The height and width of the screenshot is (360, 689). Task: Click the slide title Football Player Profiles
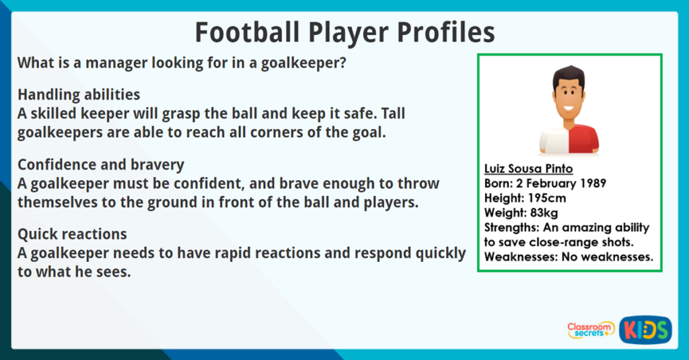344,32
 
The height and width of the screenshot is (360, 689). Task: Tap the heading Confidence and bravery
101,165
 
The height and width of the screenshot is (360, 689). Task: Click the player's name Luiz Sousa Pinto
529,168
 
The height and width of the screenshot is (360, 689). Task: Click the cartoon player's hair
569,75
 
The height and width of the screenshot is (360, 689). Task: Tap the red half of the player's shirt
583,137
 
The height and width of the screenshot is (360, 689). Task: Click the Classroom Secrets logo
590,329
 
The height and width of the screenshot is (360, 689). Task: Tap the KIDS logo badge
645,329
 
